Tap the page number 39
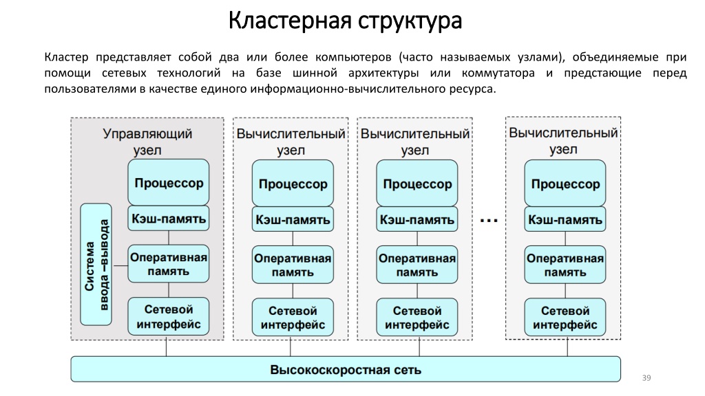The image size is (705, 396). (646, 378)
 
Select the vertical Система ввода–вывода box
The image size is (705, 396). (96, 265)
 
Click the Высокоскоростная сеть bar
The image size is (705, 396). (346, 369)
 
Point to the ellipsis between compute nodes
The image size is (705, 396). (489, 221)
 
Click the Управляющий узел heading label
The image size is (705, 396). (147, 142)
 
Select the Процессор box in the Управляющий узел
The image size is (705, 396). (169, 182)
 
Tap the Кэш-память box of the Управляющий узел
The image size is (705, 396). (169, 218)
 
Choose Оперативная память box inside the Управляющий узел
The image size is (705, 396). (169, 263)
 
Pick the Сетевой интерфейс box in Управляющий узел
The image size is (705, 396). (169, 316)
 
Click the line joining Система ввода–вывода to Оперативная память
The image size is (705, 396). (120, 266)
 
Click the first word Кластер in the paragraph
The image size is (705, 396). (67, 57)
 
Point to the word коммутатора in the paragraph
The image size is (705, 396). (498, 73)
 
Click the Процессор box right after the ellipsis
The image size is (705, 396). (565, 183)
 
